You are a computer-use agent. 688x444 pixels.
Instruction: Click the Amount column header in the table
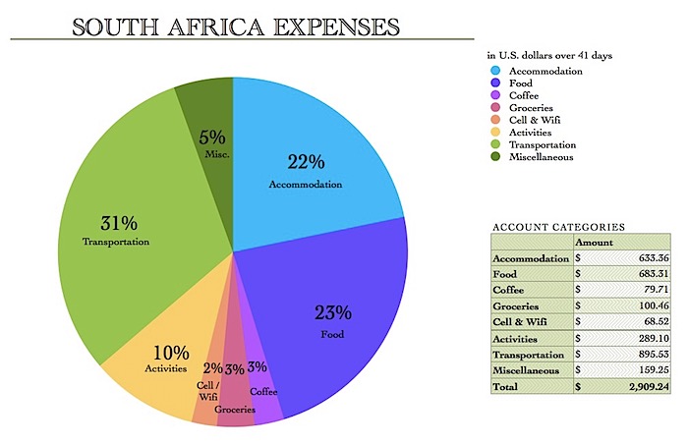click(595, 242)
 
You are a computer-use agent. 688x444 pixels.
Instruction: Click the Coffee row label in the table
click(512, 289)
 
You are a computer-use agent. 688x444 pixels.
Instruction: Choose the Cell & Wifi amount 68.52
click(643, 320)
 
